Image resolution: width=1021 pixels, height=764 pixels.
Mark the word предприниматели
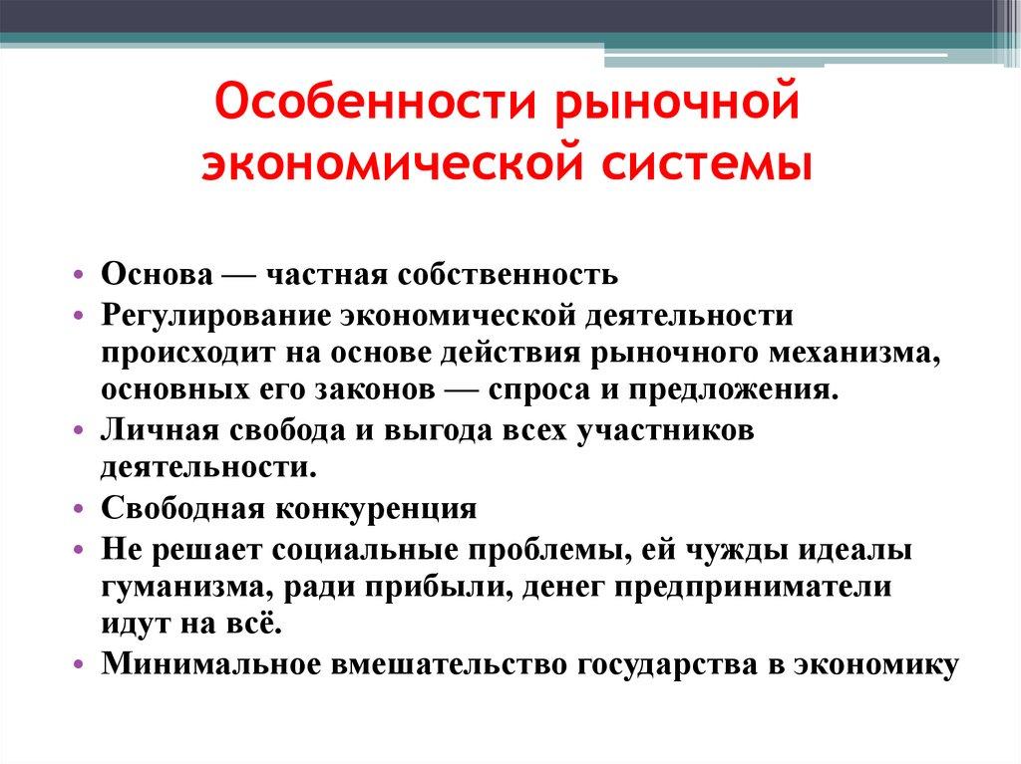pyautogui.click(x=752, y=588)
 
